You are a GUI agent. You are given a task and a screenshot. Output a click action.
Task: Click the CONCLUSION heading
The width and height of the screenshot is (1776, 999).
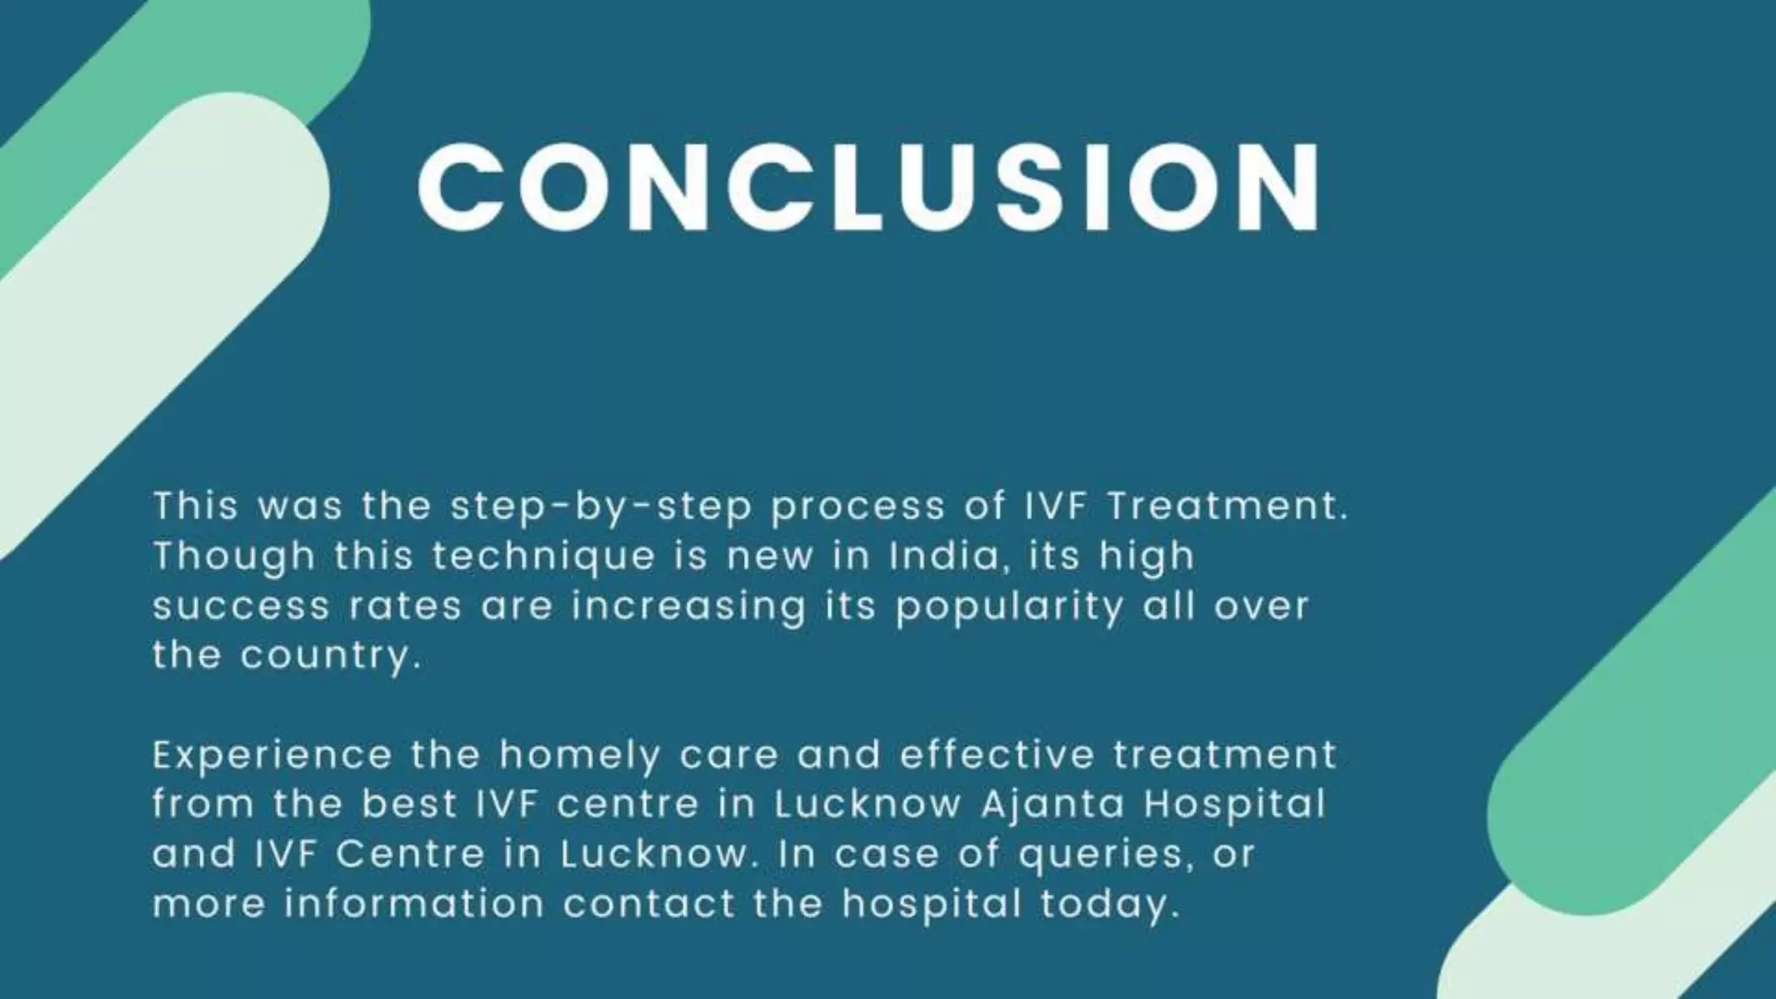click(x=869, y=187)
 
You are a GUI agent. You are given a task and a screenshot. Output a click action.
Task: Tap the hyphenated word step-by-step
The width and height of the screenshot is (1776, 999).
click(x=601, y=506)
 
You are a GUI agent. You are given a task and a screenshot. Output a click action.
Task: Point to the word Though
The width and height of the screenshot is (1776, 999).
click(x=234, y=557)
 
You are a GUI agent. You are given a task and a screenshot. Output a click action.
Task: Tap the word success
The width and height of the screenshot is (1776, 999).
click(x=241, y=606)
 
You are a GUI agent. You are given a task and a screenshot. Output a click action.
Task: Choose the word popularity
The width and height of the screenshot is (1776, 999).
click(x=1009, y=606)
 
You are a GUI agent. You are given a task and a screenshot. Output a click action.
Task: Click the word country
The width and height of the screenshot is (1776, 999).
click(x=330, y=656)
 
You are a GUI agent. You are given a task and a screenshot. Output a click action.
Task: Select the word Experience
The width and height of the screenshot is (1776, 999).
click(x=272, y=755)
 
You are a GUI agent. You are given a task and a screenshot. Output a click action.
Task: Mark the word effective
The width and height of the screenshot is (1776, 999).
click(x=997, y=755)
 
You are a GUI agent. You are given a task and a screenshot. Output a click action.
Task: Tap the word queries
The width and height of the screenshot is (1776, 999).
click(x=1100, y=855)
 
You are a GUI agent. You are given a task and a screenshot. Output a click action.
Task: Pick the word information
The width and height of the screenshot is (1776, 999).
click(x=415, y=904)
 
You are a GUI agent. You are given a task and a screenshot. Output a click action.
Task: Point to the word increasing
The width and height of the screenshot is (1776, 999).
click(x=689, y=606)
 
